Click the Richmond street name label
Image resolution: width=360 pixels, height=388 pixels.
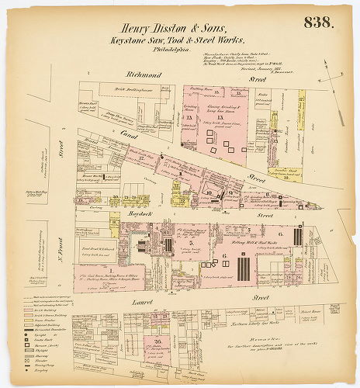point(143,75)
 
